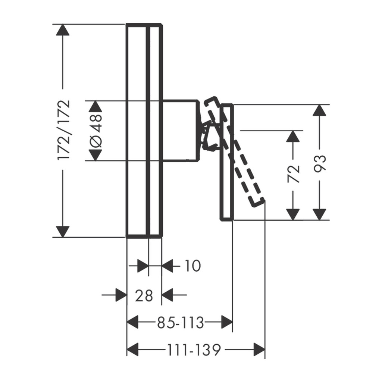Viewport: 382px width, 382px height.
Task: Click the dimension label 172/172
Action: [x=64, y=129]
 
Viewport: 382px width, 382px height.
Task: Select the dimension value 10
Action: [x=193, y=266]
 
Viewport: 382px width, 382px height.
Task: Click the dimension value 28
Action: [x=144, y=295]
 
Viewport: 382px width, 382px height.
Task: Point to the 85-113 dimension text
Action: [x=180, y=323]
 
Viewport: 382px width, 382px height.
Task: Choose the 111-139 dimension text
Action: [x=194, y=350]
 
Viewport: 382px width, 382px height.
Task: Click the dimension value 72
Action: [x=293, y=174]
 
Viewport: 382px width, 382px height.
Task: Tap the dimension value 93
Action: [x=320, y=163]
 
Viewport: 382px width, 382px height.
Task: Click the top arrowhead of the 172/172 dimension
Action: [x=63, y=30]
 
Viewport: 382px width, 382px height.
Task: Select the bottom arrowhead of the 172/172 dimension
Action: [x=63, y=232]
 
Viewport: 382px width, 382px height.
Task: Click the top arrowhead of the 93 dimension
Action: [x=320, y=110]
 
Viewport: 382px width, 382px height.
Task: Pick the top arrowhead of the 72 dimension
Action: [x=293, y=137]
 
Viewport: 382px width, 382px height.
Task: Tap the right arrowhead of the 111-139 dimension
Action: [x=259, y=350]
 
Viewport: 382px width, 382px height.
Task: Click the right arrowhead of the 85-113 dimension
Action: [x=227, y=322]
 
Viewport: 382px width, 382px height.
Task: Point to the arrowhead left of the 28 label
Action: [x=121, y=295]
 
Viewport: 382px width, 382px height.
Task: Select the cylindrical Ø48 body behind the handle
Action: [x=181, y=130]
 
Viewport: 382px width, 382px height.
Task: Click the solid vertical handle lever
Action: [x=227, y=162]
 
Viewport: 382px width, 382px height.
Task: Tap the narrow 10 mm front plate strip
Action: [x=155, y=131]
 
